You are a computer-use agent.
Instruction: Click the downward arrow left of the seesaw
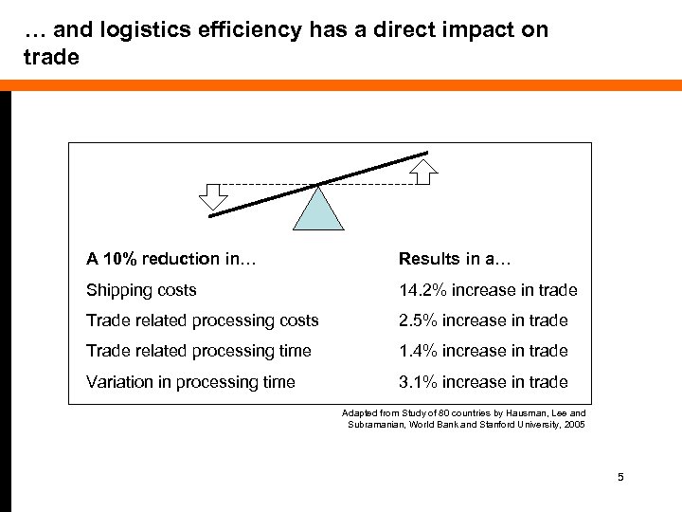(x=214, y=195)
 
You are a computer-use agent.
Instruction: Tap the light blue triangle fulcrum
(x=317, y=208)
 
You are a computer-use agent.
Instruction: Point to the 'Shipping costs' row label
(x=141, y=290)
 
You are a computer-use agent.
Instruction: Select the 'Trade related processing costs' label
(x=202, y=320)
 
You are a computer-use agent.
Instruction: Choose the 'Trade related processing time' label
(x=198, y=351)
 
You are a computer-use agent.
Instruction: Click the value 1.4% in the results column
(x=416, y=351)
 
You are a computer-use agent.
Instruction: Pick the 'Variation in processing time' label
(x=190, y=382)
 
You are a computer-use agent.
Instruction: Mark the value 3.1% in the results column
(x=416, y=382)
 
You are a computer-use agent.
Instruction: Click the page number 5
(x=619, y=477)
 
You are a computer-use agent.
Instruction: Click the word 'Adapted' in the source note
(x=357, y=413)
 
